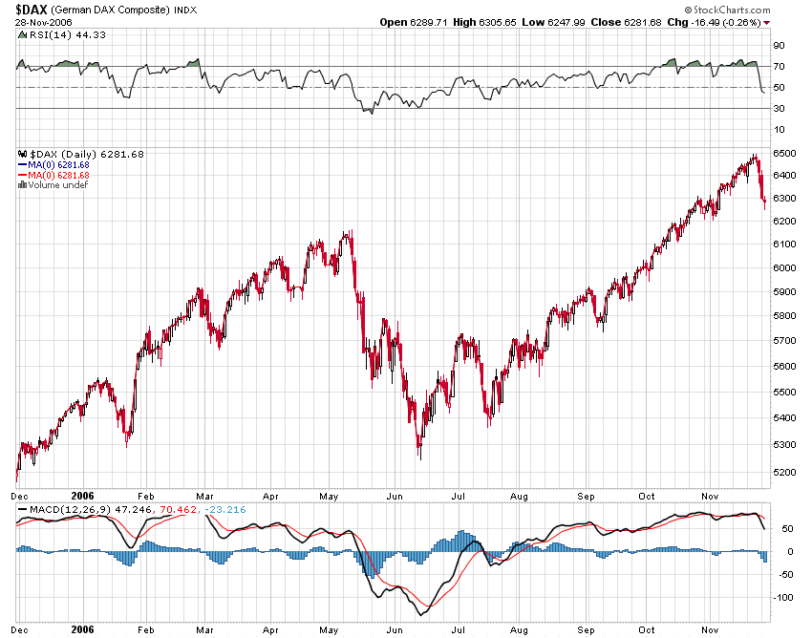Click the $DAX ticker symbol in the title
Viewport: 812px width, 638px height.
[x=32, y=9]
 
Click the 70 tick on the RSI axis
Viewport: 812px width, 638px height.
[x=779, y=66]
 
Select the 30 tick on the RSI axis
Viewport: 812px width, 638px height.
[x=779, y=108]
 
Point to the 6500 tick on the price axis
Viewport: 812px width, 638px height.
[x=784, y=154]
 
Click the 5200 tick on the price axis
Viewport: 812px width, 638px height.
[x=784, y=473]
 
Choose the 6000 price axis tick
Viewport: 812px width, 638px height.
[x=784, y=267]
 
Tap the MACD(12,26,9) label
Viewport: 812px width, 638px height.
[x=57, y=509]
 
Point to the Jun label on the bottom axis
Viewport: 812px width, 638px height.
[x=394, y=497]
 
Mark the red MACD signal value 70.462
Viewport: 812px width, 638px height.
[x=180, y=509]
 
